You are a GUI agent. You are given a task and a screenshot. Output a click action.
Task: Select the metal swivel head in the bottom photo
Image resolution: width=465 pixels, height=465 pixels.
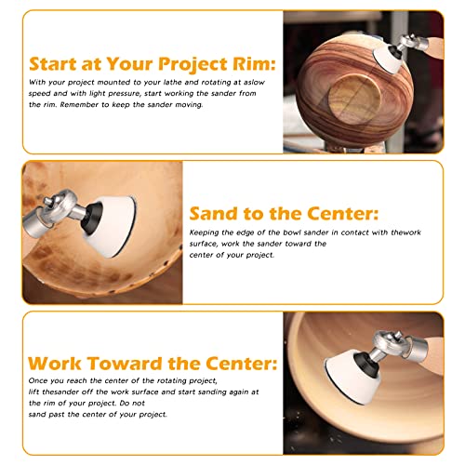click(388, 345)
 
